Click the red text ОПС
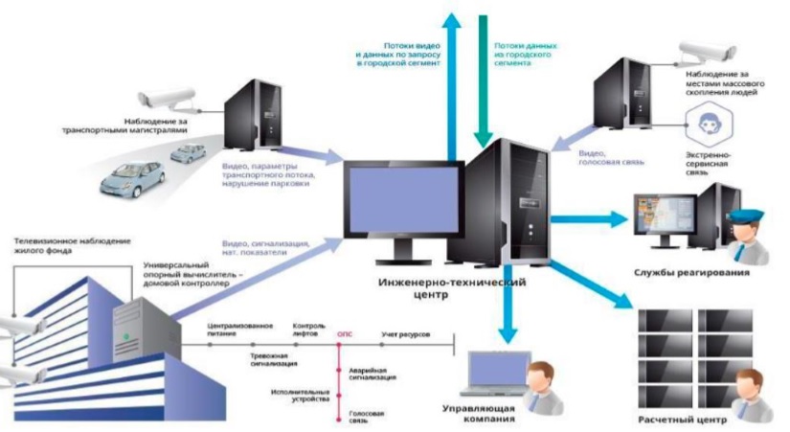pos(346,336)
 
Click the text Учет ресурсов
pos(404,336)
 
